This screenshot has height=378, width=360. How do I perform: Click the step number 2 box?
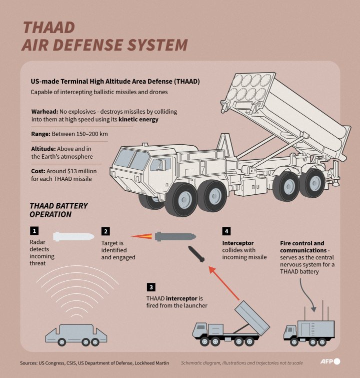[105, 231]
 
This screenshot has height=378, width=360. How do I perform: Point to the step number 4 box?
[226, 231]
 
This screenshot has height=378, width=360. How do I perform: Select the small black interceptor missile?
[196, 254]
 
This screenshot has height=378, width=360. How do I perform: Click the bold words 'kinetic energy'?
[138, 120]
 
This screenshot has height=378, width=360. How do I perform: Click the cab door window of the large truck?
[160, 164]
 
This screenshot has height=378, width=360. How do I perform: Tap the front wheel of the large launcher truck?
[180, 199]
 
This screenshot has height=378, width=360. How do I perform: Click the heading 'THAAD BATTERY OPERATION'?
[58, 210]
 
